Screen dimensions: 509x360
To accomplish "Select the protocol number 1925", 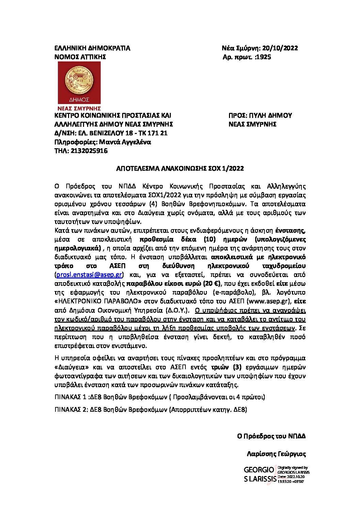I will tap(263, 57).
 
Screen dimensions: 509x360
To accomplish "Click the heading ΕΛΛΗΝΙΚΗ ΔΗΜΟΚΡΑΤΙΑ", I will tap(92, 48).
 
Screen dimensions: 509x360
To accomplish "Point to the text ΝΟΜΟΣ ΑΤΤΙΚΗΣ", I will tap(80, 57).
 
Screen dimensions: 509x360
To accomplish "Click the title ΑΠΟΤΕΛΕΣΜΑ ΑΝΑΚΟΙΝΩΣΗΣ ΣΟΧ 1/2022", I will tap(180, 169).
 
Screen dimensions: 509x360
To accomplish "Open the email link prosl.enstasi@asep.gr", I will tap(89, 275).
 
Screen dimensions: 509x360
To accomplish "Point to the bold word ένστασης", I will tap(290, 231).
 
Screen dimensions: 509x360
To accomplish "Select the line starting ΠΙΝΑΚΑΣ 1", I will tap(160, 397).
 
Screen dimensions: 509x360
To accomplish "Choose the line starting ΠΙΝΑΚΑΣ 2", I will tap(151, 410).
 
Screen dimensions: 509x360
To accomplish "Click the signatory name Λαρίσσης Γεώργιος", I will tap(276, 454).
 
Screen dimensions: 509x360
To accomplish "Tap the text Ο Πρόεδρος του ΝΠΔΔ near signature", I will tap(271, 436).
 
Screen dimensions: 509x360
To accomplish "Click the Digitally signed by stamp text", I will tap(293, 468).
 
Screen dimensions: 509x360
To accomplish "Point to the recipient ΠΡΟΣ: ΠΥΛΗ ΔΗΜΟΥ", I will tap(260, 116).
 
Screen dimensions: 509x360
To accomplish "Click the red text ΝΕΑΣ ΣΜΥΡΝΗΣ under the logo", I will tap(79, 108).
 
